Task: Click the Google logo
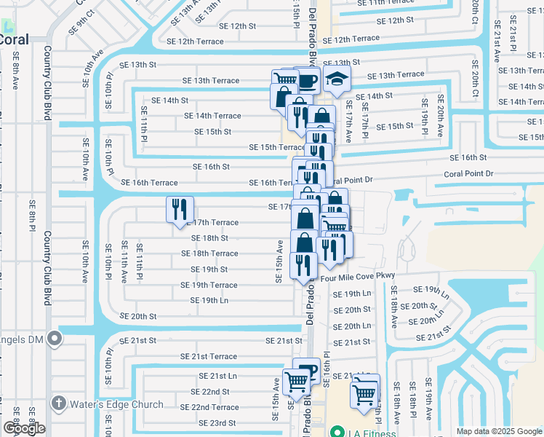point(24,428)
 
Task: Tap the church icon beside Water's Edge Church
point(57,403)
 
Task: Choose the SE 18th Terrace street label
point(209,253)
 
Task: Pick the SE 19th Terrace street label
point(209,285)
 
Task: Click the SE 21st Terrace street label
point(209,356)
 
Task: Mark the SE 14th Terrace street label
point(212,116)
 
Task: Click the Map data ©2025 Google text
point(498,431)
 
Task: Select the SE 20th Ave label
point(440,115)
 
